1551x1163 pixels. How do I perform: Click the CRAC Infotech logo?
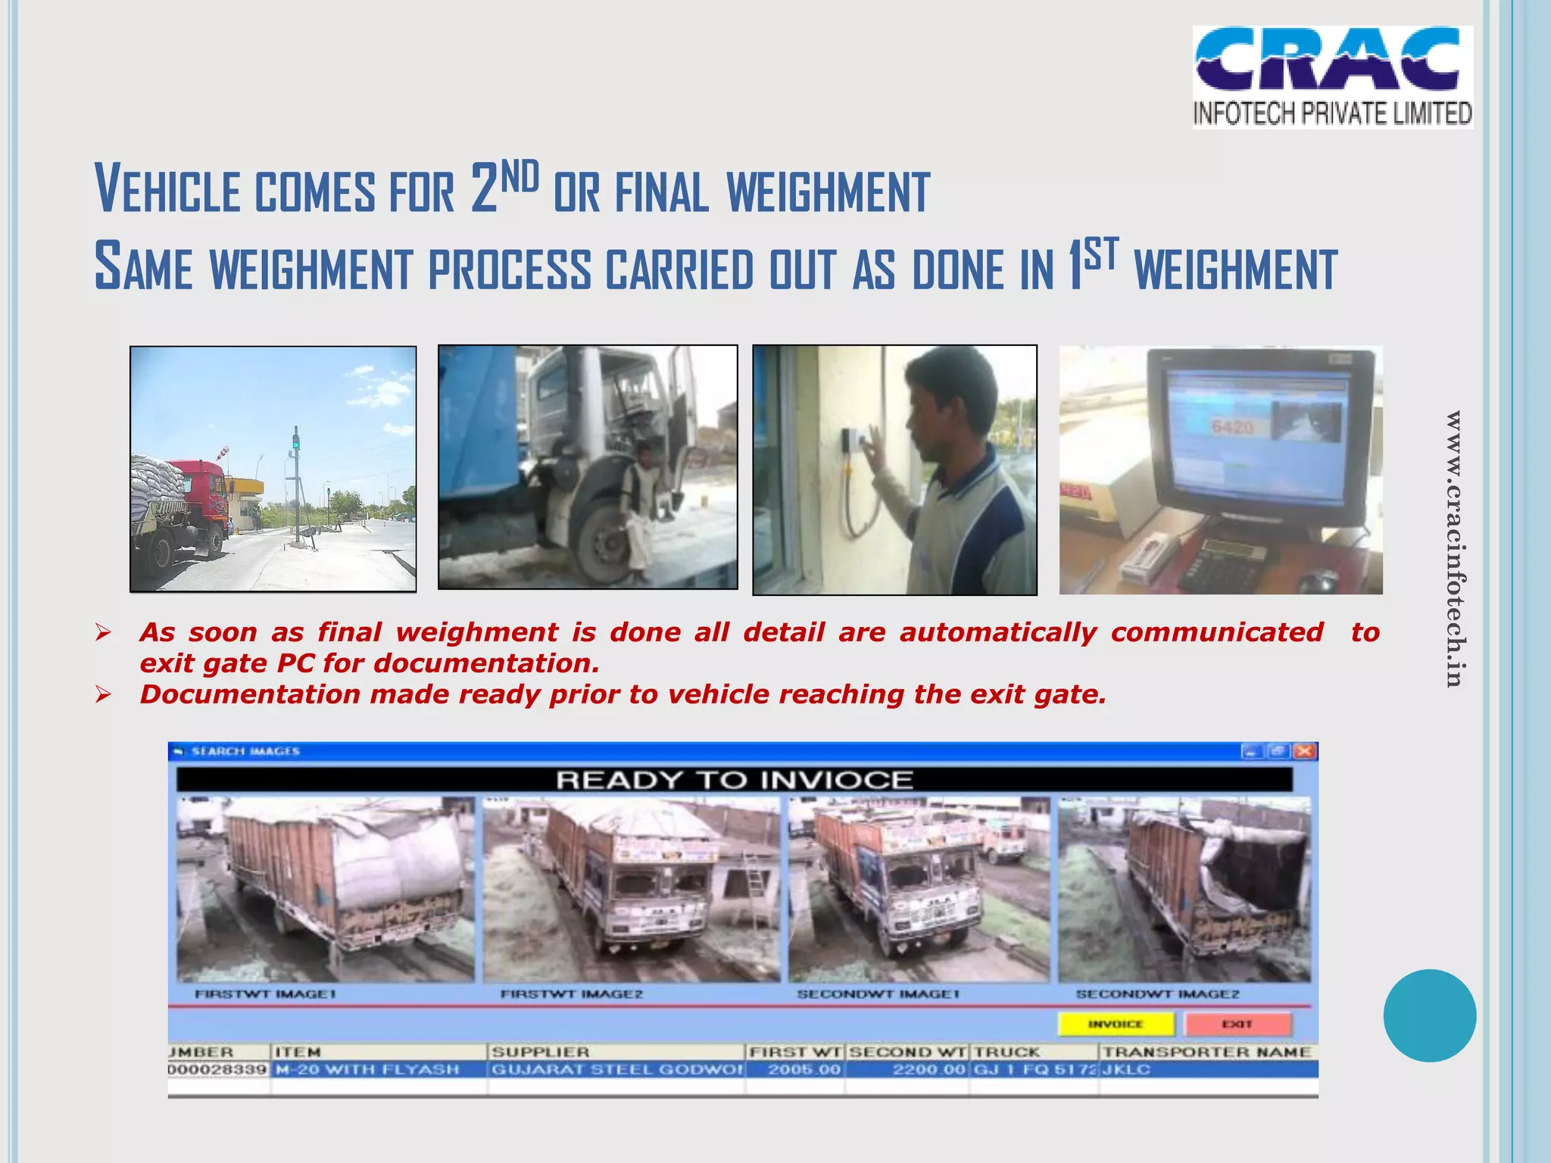[1332, 76]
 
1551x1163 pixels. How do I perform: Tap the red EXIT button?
[1237, 1024]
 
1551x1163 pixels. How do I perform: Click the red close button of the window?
[1305, 751]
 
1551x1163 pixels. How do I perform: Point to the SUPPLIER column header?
[540, 1052]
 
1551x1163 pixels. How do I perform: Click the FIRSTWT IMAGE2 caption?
[571, 994]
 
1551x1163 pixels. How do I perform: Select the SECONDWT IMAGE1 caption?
[878, 994]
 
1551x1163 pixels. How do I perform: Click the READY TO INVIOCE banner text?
[734, 780]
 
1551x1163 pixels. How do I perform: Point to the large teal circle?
[1429, 1015]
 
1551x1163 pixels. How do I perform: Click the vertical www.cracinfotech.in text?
[1453, 548]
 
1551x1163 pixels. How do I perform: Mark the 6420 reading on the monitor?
[1232, 428]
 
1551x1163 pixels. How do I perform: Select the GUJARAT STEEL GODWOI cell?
[617, 1069]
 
